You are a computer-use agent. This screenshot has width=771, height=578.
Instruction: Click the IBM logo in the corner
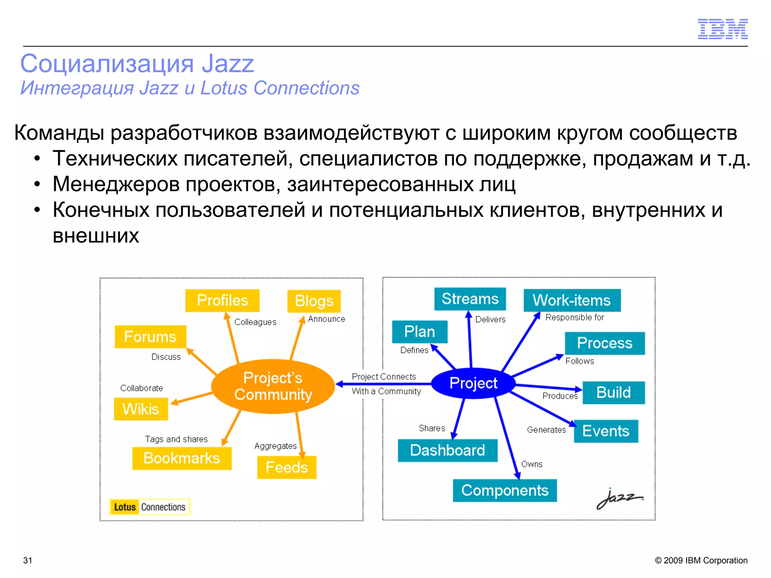[x=722, y=29]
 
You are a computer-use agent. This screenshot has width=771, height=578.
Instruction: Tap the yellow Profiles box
[x=222, y=300]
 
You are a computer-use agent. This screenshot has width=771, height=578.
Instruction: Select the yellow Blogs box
[x=314, y=301]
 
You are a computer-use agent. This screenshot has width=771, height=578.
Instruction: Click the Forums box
[x=150, y=336]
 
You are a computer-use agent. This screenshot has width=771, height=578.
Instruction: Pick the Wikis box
[x=141, y=409]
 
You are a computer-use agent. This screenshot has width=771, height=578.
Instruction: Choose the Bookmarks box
[x=182, y=458]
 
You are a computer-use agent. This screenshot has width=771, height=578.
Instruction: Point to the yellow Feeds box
[x=286, y=467]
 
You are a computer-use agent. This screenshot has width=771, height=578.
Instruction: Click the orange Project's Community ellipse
[x=273, y=386]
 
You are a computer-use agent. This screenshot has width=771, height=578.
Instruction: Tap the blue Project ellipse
[x=473, y=383]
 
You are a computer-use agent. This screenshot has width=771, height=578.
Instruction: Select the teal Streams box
[x=470, y=299]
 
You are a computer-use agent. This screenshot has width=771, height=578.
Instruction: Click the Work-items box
[x=571, y=300]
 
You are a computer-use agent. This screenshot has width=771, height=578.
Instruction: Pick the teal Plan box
[x=419, y=332]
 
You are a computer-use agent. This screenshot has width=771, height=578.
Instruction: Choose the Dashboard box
[x=447, y=450]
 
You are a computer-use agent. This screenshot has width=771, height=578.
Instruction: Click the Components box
[x=504, y=490]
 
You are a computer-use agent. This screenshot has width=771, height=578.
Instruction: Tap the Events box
[x=606, y=431]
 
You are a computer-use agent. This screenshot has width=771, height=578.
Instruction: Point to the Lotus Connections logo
[x=150, y=507]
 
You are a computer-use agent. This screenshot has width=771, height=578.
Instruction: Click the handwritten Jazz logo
[x=620, y=498]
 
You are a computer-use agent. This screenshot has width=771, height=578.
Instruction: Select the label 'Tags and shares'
[x=176, y=439]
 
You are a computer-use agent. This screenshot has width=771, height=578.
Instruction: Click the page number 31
[x=28, y=560]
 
